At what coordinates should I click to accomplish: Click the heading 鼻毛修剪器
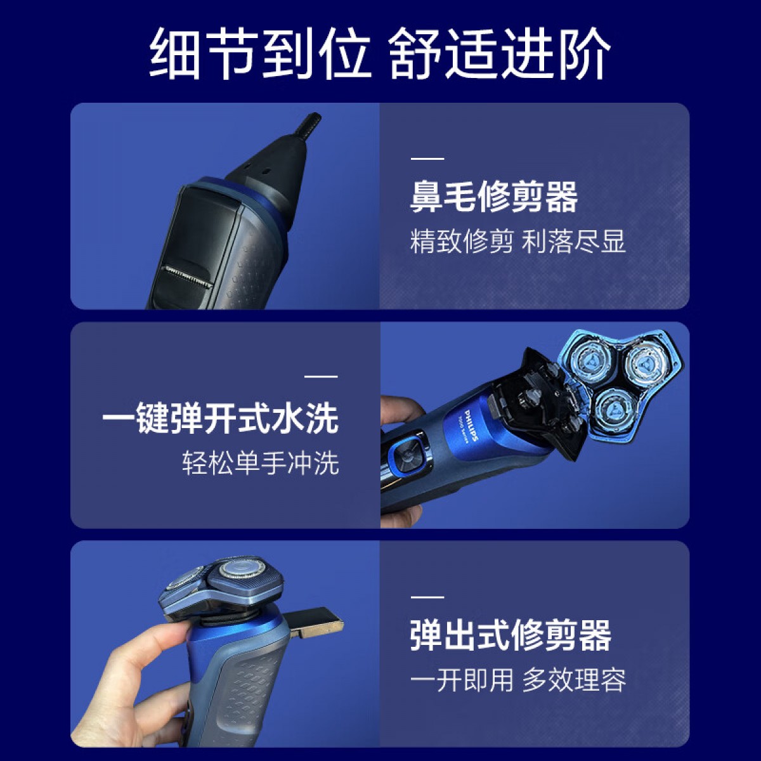tap(494, 198)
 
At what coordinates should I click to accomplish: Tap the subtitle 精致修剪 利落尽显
tap(518, 242)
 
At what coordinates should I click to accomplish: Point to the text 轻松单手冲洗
tap(261, 463)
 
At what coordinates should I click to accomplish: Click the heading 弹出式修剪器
tap(511, 636)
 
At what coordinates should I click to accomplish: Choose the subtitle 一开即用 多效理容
tap(518, 680)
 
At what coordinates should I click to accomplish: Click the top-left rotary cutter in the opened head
tap(592, 360)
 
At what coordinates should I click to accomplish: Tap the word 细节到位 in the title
tap(259, 54)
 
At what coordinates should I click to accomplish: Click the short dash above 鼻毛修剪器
tap(427, 159)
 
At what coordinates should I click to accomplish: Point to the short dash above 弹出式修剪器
tap(427, 597)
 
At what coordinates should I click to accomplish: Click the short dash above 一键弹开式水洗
tap(321, 377)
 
